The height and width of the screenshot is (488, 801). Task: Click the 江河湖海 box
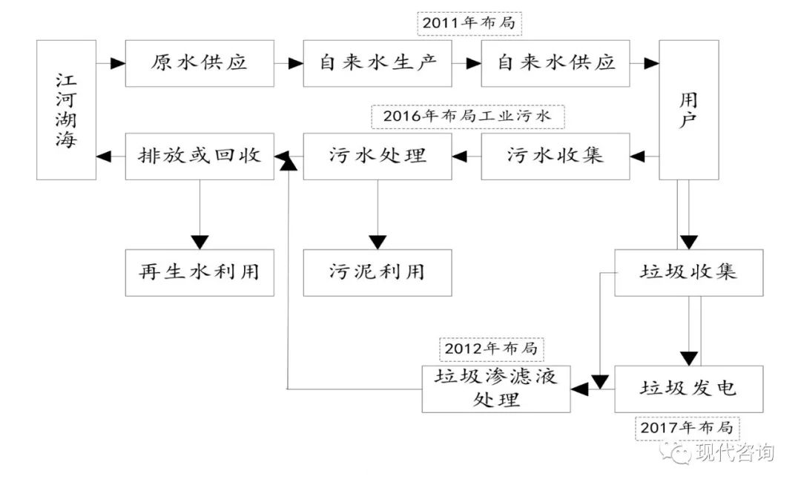pos(66,110)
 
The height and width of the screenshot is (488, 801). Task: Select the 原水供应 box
pos(199,64)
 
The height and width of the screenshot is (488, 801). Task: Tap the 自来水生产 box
pos(377,64)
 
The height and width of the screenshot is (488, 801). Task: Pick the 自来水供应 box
pos(555,64)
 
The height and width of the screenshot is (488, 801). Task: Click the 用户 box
pos(688,110)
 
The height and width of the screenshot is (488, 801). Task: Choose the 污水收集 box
pos(555,156)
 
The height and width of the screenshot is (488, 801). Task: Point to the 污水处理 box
pos(377,156)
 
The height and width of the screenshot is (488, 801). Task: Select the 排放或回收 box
pos(199,156)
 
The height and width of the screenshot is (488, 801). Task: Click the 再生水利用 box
pos(199,272)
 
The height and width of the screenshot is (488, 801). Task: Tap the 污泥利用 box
pos(377,272)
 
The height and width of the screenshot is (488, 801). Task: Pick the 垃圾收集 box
pos(688,272)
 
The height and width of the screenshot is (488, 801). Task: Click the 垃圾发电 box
pos(688,389)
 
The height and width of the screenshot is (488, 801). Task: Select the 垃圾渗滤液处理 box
pos(495,389)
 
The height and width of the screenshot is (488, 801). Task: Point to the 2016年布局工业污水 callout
pos(467,116)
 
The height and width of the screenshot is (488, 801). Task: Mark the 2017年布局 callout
pos(687,428)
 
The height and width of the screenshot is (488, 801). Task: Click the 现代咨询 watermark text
pos(734,453)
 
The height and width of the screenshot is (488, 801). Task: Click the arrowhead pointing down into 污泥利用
pos(378,242)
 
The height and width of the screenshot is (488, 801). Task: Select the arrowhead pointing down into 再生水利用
pos(199,242)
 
